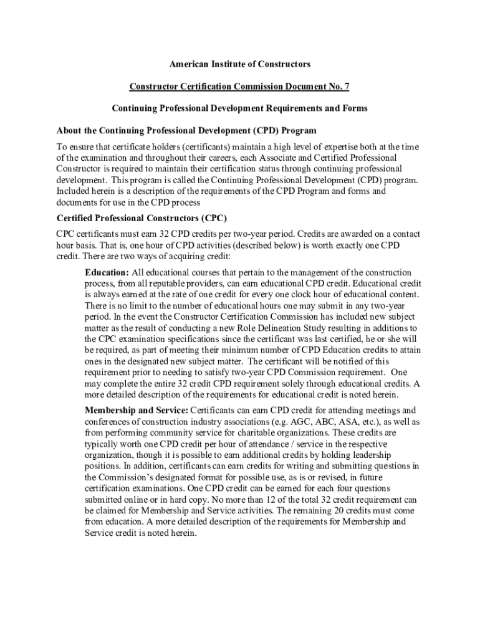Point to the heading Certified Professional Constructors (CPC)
tap(142, 218)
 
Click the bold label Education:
tap(107, 273)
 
